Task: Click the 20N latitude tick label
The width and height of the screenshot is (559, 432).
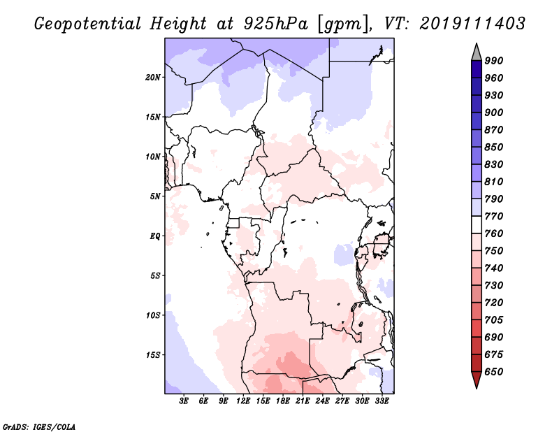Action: pos(153,77)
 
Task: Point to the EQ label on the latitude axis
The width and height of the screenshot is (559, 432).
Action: pos(154,236)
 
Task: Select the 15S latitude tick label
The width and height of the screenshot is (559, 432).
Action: pos(153,354)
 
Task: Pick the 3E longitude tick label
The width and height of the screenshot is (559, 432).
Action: pos(184,401)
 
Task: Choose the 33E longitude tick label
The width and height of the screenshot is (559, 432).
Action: pos(382,401)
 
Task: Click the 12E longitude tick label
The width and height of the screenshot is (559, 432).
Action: pos(244,401)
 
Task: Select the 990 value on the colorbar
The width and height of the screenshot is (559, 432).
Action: pos(494,61)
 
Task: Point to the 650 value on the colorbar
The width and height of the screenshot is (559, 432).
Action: pos(494,372)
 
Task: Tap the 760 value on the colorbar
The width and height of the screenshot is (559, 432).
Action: pos(494,233)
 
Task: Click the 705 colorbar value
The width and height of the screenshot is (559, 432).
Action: pos(494,320)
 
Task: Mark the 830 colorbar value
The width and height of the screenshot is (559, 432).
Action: pos(494,164)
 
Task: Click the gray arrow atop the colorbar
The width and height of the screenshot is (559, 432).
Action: pos(477,52)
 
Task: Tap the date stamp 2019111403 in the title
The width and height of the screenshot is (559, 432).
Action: pos(473,24)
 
